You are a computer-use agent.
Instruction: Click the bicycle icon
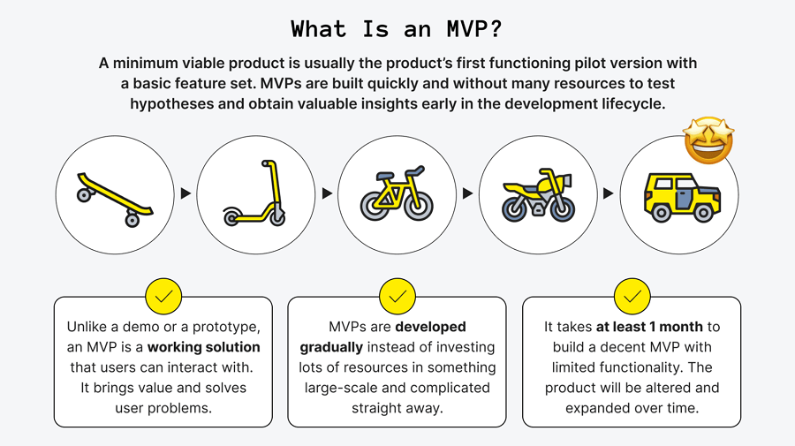397,195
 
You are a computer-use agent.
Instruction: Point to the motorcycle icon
538,195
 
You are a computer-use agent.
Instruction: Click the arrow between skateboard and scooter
185,193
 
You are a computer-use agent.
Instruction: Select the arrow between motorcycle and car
608,193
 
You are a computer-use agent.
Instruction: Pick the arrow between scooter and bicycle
327,193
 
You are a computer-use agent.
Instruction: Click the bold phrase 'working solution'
204,347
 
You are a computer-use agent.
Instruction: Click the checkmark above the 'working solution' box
163,297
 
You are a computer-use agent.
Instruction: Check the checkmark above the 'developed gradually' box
397,297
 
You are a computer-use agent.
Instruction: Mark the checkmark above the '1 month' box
632,297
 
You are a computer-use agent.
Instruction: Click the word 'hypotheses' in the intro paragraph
170,103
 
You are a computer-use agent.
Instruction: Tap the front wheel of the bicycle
420,205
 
